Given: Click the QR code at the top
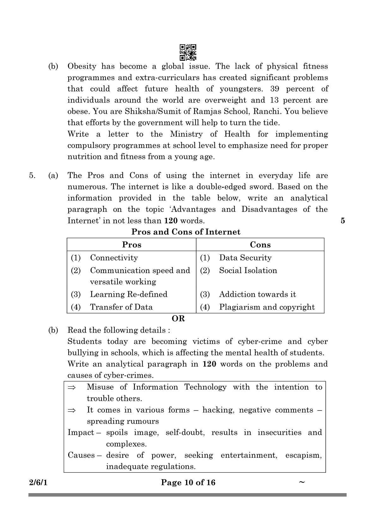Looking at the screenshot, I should pos(188,52).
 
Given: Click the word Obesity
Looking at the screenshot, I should pos(82,66).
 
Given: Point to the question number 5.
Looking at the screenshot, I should pos(32,175).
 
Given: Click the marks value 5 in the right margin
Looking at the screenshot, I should pos(343,221).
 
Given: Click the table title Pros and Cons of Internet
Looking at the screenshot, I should pos(186,232).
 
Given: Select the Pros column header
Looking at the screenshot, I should pos(131,245).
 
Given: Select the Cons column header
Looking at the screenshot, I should pos(260,245).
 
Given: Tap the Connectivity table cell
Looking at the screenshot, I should pos(114,258).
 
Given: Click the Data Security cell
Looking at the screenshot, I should pos(245,258).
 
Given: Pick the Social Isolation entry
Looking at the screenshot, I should pos(248,271).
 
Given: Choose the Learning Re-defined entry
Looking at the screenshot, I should pos(129,294).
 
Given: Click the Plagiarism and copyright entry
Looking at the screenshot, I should pos(267,307).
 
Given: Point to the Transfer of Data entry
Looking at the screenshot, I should pos(121,307).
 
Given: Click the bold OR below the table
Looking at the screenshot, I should pos(178,319).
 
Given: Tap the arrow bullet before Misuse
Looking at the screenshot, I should pos(72,388).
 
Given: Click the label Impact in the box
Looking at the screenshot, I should pos(81,432).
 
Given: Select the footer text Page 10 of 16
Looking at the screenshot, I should pos(188,482).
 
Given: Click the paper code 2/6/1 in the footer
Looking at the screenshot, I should pos(38,482).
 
